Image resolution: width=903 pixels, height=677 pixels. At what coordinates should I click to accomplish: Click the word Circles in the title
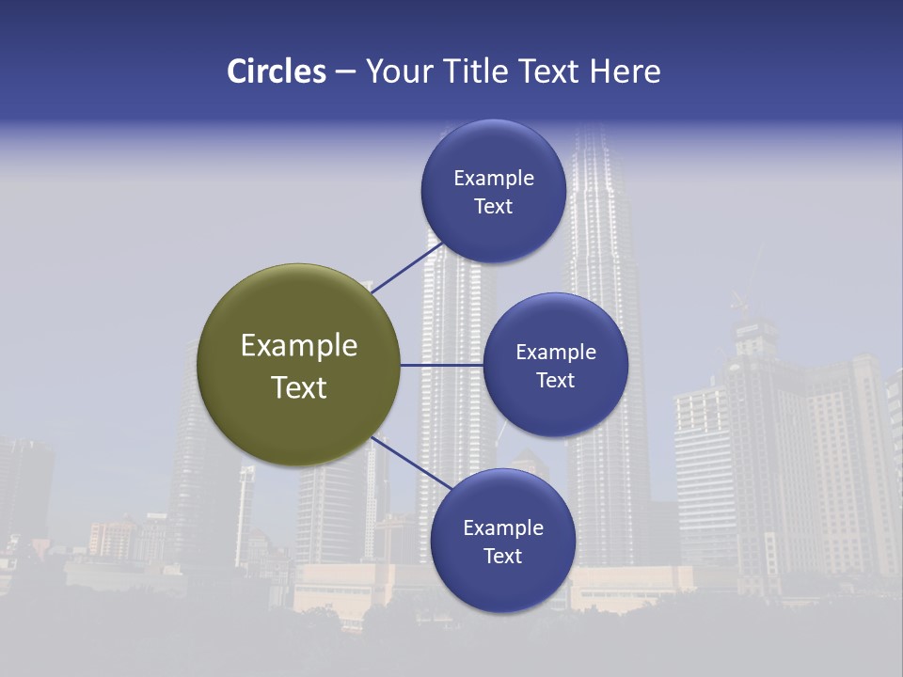click(x=277, y=71)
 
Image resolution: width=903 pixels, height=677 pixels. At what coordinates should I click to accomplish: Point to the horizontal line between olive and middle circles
click(x=441, y=365)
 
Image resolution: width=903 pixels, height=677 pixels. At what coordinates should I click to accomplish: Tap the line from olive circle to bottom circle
click(x=405, y=460)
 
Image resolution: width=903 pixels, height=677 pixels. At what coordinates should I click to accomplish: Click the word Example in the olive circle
click(x=299, y=346)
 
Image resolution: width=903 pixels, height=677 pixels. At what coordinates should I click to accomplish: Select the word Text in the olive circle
click(x=299, y=387)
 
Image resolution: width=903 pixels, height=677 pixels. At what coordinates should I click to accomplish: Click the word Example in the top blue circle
click(x=494, y=178)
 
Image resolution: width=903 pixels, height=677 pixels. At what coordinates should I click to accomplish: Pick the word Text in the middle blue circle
click(x=555, y=380)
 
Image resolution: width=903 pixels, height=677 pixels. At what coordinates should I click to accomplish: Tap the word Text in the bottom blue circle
click(x=502, y=556)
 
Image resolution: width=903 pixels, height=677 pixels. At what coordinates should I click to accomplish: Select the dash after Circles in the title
click(x=345, y=72)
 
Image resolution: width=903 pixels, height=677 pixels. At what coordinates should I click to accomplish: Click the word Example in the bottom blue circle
click(x=503, y=527)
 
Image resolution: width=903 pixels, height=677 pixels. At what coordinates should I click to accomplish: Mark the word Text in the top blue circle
click(x=493, y=206)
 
